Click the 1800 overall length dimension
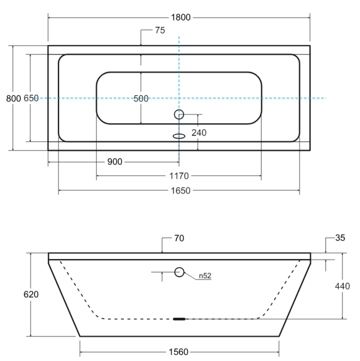(x=181, y=18)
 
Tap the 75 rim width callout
(x=160, y=30)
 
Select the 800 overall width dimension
(x=13, y=98)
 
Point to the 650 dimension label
(x=31, y=98)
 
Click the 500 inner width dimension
(x=141, y=99)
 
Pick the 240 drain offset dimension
(x=199, y=133)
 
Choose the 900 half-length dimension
(x=115, y=162)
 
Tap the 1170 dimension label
(x=179, y=176)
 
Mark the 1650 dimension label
(x=181, y=191)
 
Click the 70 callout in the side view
(x=179, y=239)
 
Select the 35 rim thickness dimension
(x=340, y=238)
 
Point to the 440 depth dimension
(x=342, y=286)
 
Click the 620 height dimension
(x=31, y=294)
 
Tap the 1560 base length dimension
(x=179, y=352)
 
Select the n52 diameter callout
(x=205, y=276)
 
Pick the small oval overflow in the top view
(x=179, y=137)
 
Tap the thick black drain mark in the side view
(x=179, y=319)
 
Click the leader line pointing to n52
(x=190, y=276)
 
